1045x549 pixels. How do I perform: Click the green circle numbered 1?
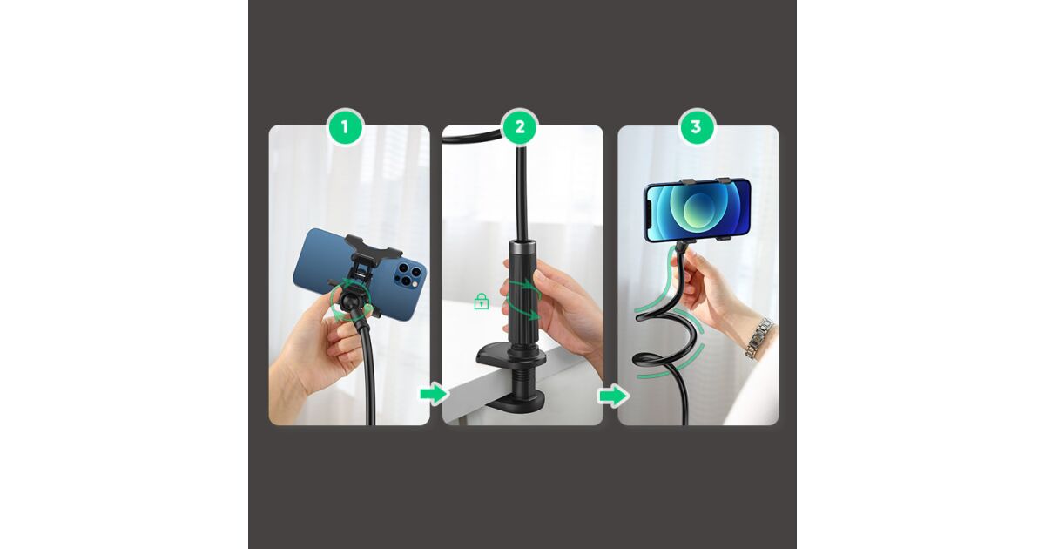345,127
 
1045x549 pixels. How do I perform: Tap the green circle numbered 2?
520,127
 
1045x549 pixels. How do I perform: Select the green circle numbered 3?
696,127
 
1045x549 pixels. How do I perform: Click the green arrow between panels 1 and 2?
434,394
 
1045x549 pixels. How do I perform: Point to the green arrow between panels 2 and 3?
613,396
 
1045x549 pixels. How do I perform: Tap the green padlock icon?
482,302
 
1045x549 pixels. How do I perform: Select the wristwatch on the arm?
759,338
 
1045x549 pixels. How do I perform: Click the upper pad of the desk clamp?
510,354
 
